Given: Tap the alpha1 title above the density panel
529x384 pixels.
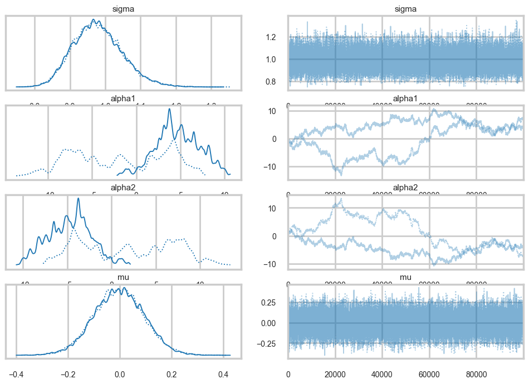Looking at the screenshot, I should click(x=123, y=99).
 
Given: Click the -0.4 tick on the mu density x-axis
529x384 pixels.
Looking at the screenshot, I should click(x=16, y=368).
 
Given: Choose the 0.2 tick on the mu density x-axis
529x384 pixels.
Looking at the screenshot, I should click(x=172, y=368).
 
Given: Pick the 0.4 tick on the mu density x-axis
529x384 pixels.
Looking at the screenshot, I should click(x=224, y=368).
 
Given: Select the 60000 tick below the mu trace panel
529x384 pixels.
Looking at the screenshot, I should click(x=429, y=368).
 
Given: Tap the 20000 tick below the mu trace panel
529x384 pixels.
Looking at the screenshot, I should click(x=335, y=368).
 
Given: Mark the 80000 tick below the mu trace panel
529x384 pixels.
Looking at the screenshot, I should click(x=476, y=368).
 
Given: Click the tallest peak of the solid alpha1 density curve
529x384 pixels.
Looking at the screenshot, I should click(x=170, y=109).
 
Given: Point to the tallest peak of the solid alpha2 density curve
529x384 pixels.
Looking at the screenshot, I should click(x=78, y=198).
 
